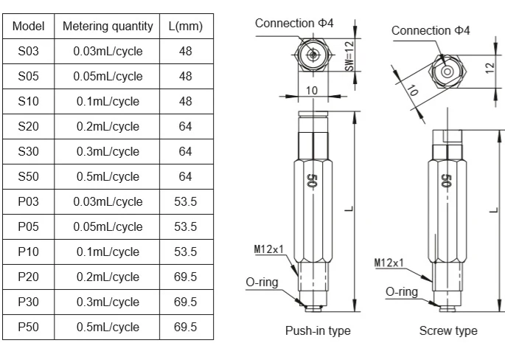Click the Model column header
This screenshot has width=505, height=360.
[x=28, y=26]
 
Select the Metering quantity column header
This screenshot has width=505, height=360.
[x=108, y=27]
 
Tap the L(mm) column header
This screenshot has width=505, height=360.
[x=186, y=27]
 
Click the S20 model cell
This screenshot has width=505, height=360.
[x=28, y=126]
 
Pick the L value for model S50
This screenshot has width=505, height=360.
[x=186, y=176]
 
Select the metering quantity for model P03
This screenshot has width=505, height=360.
[x=108, y=201]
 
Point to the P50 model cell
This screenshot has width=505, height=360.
[x=28, y=327]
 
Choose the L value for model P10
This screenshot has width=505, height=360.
[x=186, y=252]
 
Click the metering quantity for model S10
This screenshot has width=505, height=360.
[x=108, y=102]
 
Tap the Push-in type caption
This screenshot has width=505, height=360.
[x=318, y=331]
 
